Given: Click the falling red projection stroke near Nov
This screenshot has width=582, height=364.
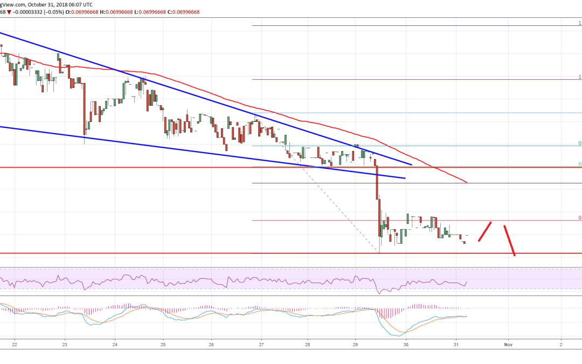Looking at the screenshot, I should (509, 240).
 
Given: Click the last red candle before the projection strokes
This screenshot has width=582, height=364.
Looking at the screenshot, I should (465, 243).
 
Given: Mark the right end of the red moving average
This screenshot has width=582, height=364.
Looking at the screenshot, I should (466, 183).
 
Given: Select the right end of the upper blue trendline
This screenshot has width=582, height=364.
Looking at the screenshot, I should (411, 164).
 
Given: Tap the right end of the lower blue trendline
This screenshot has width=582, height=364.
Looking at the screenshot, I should (404, 178).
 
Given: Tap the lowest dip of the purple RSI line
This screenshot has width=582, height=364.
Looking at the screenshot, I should (379, 293).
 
